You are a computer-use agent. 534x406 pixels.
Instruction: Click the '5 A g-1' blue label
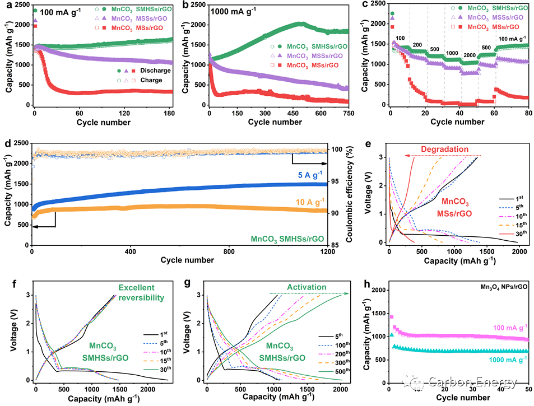[308, 174]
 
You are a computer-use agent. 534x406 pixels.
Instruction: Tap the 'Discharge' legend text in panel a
[155, 71]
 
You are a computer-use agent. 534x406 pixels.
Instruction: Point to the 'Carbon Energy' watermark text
[472, 383]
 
